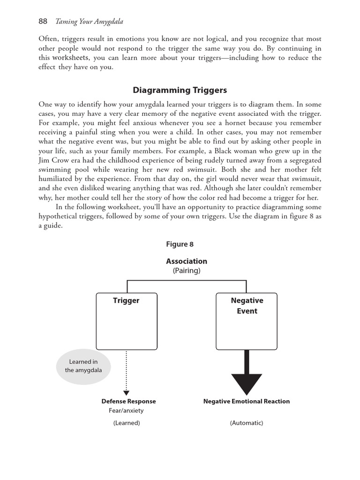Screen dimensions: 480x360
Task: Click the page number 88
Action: pos(43,21)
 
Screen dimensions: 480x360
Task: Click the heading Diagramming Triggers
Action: pos(180,90)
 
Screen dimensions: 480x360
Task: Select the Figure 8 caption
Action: pos(180,244)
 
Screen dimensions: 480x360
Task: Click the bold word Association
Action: pos(186,261)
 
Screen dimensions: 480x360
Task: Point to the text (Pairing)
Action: pos(186,270)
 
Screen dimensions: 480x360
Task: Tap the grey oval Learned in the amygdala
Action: pos(83,366)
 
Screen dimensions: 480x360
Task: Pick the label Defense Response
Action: pos(128,401)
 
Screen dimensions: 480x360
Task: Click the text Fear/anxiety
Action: pos(126,411)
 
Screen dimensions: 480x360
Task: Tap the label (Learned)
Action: pos(126,423)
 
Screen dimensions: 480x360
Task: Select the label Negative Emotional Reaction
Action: pos(247,401)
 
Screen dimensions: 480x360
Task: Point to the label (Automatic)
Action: pos(247,423)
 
